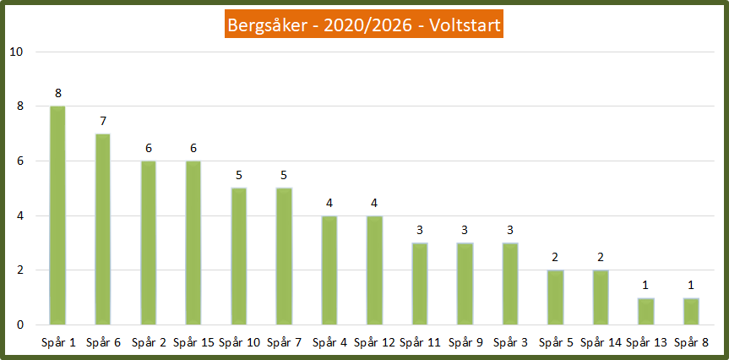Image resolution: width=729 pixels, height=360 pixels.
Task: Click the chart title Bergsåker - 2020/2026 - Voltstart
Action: tap(364, 26)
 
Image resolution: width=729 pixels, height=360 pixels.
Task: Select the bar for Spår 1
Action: tap(57, 215)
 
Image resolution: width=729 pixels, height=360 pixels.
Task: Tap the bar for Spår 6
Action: tap(103, 229)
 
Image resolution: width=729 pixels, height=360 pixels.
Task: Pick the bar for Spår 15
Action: tap(193, 243)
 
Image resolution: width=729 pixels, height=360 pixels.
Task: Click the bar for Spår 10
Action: tap(238, 256)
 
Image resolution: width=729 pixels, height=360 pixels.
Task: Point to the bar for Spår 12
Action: tap(374, 270)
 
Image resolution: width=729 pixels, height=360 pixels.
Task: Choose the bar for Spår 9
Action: tap(465, 284)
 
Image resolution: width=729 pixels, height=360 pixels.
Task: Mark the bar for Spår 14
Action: tap(601, 297)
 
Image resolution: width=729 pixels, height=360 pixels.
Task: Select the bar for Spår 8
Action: tap(691, 311)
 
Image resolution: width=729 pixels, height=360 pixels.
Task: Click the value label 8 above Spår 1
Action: tap(57, 93)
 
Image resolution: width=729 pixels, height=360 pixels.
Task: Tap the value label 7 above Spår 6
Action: tap(103, 121)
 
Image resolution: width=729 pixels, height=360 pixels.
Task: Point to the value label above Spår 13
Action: tap(645, 285)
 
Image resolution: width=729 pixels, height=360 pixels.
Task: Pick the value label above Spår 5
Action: tap(555, 258)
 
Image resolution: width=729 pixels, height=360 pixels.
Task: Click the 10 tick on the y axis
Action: tap(16, 52)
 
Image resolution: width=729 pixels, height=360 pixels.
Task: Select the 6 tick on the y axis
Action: tap(19, 161)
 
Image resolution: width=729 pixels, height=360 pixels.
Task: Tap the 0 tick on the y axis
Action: tap(19, 325)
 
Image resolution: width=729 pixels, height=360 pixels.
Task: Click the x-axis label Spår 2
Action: tap(148, 342)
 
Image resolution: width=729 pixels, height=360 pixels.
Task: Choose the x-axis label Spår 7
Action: tap(284, 342)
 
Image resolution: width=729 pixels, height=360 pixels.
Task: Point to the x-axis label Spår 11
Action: tap(420, 342)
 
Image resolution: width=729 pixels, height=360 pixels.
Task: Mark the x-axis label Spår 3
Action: tap(510, 342)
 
